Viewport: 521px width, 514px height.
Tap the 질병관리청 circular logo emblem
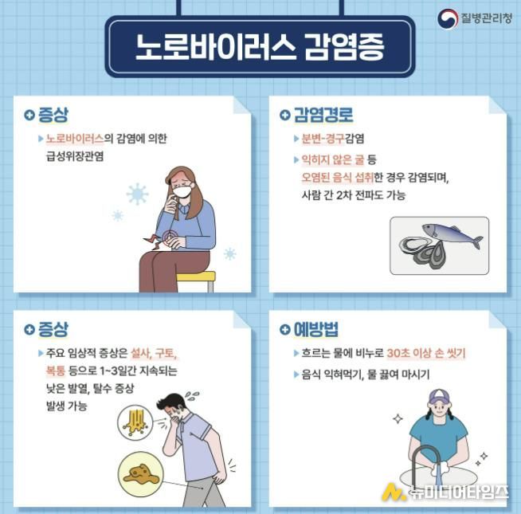click(447, 18)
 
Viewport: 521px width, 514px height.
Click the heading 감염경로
click(323, 115)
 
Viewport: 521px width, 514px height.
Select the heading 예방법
click(316, 329)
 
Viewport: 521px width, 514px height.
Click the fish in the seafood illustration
click(452, 235)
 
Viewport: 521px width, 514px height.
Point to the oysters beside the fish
click(421, 252)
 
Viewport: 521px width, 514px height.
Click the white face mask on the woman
click(182, 191)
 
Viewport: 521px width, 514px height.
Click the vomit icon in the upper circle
click(135, 422)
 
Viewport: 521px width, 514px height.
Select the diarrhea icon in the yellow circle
click(141, 474)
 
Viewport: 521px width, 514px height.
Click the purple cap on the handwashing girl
click(438, 397)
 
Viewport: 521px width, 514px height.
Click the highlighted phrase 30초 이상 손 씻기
click(426, 353)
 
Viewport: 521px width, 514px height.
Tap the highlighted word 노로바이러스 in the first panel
click(75, 139)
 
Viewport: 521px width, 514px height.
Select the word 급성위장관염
click(75, 156)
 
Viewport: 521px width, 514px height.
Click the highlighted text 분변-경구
click(323, 139)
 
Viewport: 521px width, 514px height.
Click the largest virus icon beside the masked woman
click(137, 194)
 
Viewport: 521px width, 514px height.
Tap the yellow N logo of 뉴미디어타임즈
click(394, 492)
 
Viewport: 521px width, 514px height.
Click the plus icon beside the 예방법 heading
click(284, 329)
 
